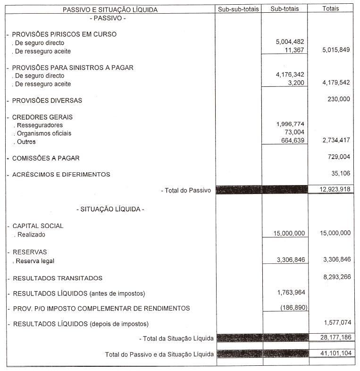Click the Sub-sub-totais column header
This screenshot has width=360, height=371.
pyautogui.click(x=239, y=9)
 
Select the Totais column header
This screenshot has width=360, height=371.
pyautogui.click(x=333, y=9)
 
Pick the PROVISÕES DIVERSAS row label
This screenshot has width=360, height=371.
pyautogui.click(x=47, y=101)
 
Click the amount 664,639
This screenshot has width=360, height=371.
pyautogui.click(x=293, y=141)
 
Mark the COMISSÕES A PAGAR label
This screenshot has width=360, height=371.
pyautogui.click(x=46, y=159)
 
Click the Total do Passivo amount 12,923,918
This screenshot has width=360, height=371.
pyautogui.click(x=332, y=189)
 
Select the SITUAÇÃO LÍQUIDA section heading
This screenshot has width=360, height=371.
pyautogui.click(x=110, y=209)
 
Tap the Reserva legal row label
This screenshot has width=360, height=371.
pyautogui.click(x=38, y=261)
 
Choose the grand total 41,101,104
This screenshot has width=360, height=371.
pyautogui.click(x=332, y=353)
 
